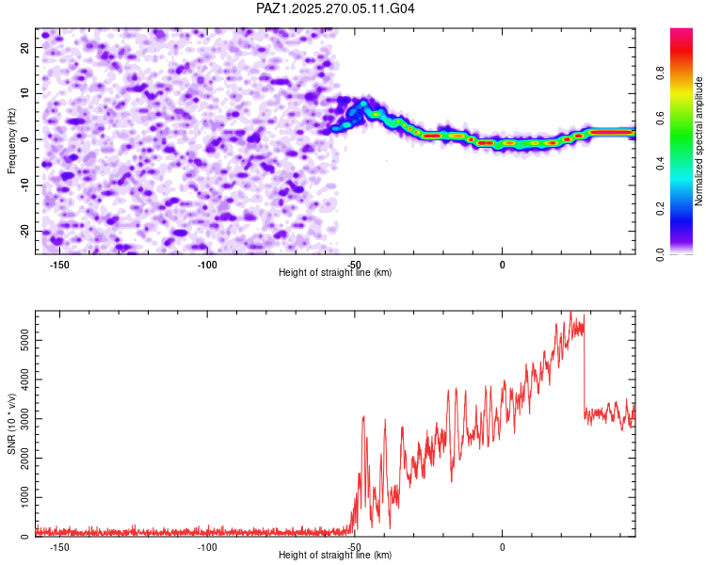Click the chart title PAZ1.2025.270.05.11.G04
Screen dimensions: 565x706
coord(336,8)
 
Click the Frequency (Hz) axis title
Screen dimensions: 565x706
coord(12,141)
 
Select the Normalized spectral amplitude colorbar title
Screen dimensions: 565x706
coord(699,141)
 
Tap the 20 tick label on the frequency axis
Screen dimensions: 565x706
coord(24,46)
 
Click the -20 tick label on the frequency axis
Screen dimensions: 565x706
coord(23,231)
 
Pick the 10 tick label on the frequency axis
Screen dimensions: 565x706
coord(24,92)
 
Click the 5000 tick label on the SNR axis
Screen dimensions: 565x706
coord(19,332)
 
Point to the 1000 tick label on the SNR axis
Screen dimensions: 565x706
coord(19,495)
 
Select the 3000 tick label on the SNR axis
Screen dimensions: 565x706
coord(19,413)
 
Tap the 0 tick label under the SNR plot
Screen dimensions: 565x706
coord(503,547)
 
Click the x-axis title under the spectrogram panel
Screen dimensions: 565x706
coord(335,272)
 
